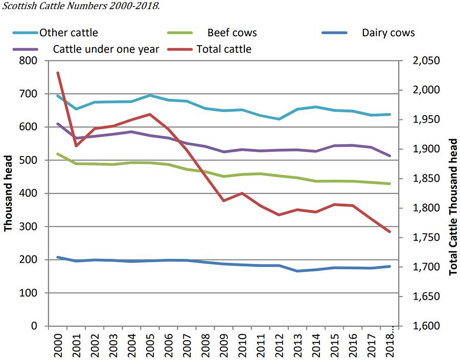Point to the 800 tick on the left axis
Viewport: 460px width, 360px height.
coord(28,61)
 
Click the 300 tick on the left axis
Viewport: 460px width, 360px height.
coord(28,227)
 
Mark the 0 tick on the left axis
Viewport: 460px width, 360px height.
coord(34,326)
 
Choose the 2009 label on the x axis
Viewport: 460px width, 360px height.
coord(223,343)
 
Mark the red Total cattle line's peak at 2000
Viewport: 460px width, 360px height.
coord(58,73)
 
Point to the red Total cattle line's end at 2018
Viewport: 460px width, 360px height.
coord(389,232)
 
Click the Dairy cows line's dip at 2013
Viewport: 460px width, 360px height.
coord(297,271)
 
